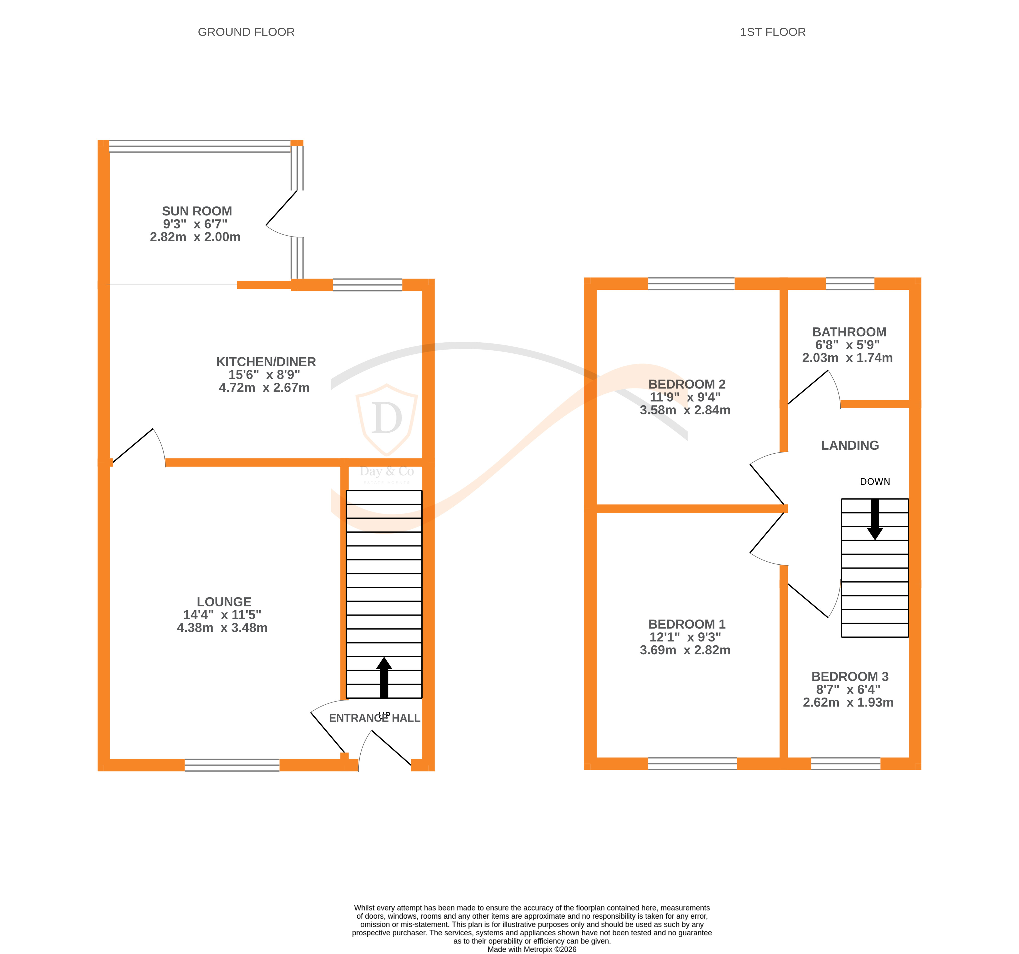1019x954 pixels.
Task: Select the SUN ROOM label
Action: coord(197,211)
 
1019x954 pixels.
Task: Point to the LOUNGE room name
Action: coord(224,602)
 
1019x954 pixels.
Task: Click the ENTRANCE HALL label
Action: coord(374,718)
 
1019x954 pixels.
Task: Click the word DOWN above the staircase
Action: coord(875,482)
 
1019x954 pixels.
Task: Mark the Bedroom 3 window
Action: coord(845,764)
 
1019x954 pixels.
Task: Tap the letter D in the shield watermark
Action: coord(387,418)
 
